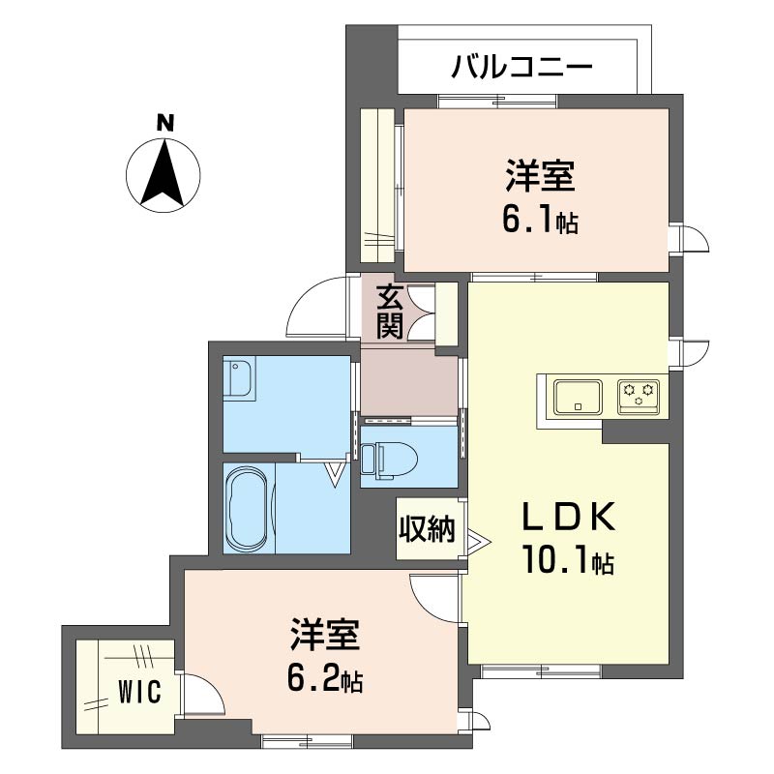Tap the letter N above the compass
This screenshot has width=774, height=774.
(165, 123)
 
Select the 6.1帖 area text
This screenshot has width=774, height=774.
(539, 222)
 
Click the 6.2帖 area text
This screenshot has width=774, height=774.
(324, 680)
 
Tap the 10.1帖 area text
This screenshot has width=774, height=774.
(568, 561)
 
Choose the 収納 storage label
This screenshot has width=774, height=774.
(426, 529)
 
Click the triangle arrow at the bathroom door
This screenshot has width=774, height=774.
(335, 473)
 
